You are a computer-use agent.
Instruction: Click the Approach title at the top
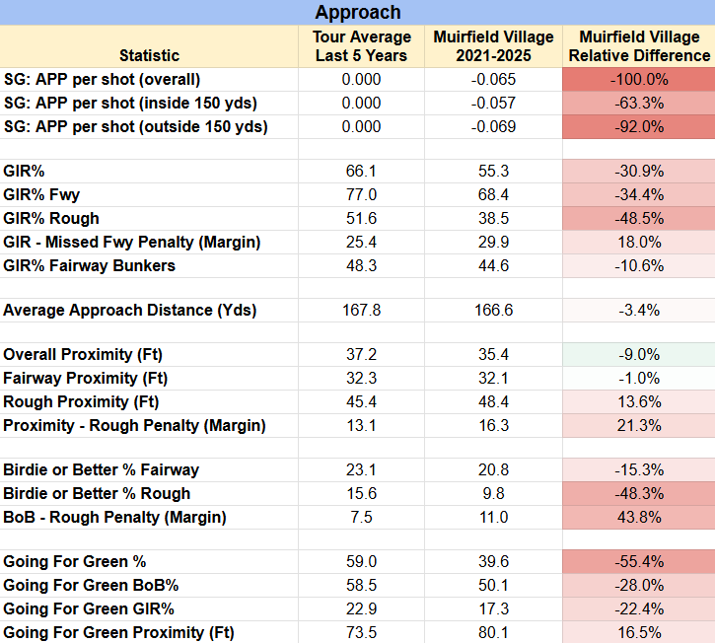coord(358,12)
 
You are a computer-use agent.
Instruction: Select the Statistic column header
coord(150,55)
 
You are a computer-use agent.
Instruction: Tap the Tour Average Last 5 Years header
coord(362,46)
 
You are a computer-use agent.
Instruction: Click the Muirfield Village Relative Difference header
coord(639,46)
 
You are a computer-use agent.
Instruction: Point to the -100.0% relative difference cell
coord(639,79)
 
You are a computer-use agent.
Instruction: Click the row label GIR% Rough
coord(51,218)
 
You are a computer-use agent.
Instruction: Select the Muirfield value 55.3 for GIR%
coord(493,171)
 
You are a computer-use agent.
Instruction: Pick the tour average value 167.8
coord(362,310)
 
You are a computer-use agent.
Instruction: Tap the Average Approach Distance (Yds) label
coord(130,310)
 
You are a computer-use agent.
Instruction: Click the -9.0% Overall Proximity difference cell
coord(639,354)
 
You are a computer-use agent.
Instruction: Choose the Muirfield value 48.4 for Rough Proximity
coord(493,401)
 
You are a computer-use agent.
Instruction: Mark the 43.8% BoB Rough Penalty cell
coord(639,517)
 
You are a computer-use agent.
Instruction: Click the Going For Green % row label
coord(74,561)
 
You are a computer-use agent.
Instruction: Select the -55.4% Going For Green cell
coord(639,561)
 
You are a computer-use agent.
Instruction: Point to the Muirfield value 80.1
coord(493,632)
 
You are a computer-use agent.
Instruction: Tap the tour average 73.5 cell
coord(362,632)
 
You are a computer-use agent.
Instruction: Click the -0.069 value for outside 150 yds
coord(493,127)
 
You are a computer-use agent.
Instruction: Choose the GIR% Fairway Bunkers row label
coord(90,266)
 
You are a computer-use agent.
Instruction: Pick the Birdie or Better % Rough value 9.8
coord(493,493)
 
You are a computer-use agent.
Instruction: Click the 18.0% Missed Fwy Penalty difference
coord(639,243)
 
